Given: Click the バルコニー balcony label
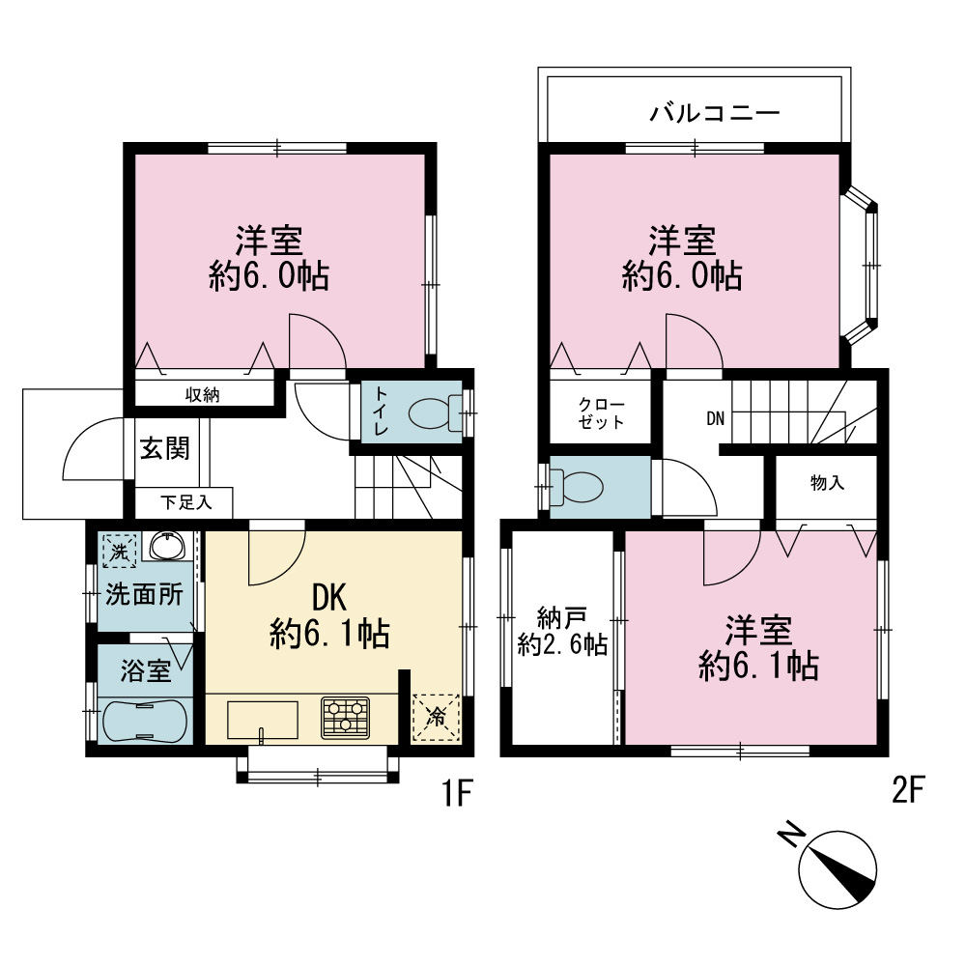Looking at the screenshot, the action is click(x=715, y=113).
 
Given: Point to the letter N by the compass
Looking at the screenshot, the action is click(x=791, y=835).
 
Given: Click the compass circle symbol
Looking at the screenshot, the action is click(x=838, y=868).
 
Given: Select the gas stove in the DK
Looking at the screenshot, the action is click(x=345, y=718).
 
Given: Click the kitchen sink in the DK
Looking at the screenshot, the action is click(x=263, y=720).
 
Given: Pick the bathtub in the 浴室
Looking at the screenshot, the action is click(x=145, y=721).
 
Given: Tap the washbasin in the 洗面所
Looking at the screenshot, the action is click(x=167, y=545).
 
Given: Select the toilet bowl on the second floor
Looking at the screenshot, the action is click(x=576, y=487).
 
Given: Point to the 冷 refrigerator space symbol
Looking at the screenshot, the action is click(x=437, y=717).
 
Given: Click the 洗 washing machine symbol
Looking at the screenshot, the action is click(x=120, y=551).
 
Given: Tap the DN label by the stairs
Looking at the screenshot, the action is click(x=715, y=419).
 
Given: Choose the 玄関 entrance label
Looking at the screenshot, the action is click(x=164, y=448).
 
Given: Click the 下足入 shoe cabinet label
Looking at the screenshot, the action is click(x=186, y=502).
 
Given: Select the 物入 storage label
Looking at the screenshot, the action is click(x=827, y=483).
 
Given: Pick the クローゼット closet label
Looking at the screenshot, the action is click(x=601, y=413).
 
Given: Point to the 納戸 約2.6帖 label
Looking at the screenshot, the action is click(x=562, y=631).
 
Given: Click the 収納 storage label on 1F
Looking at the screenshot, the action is click(x=203, y=395).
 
